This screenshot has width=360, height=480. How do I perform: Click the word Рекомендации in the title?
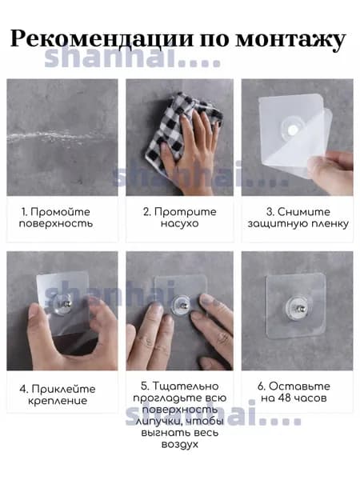[x=102, y=38]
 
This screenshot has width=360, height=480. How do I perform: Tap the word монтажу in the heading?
[x=290, y=41]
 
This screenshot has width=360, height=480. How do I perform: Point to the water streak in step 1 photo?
[x=58, y=137]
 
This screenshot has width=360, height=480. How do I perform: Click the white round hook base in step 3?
[x=292, y=129]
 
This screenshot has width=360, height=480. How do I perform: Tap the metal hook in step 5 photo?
[x=182, y=306]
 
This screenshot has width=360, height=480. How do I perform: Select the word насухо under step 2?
[x=180, y=223]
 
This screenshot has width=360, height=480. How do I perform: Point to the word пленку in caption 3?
[x=330, y=224]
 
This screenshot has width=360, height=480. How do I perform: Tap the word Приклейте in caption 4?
[x=63, y=389]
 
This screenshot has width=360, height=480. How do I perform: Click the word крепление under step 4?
[x=58, y=401]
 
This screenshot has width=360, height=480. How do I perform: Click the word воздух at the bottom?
[x=180, y=445]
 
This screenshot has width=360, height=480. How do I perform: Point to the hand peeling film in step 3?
[x=334, y=171]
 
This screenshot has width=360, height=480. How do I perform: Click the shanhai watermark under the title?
[x=133, y=58]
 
